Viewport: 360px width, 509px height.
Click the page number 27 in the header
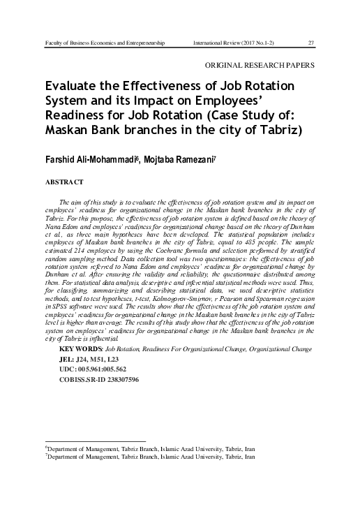311,43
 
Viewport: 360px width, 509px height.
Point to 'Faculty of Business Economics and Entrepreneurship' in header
104,43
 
